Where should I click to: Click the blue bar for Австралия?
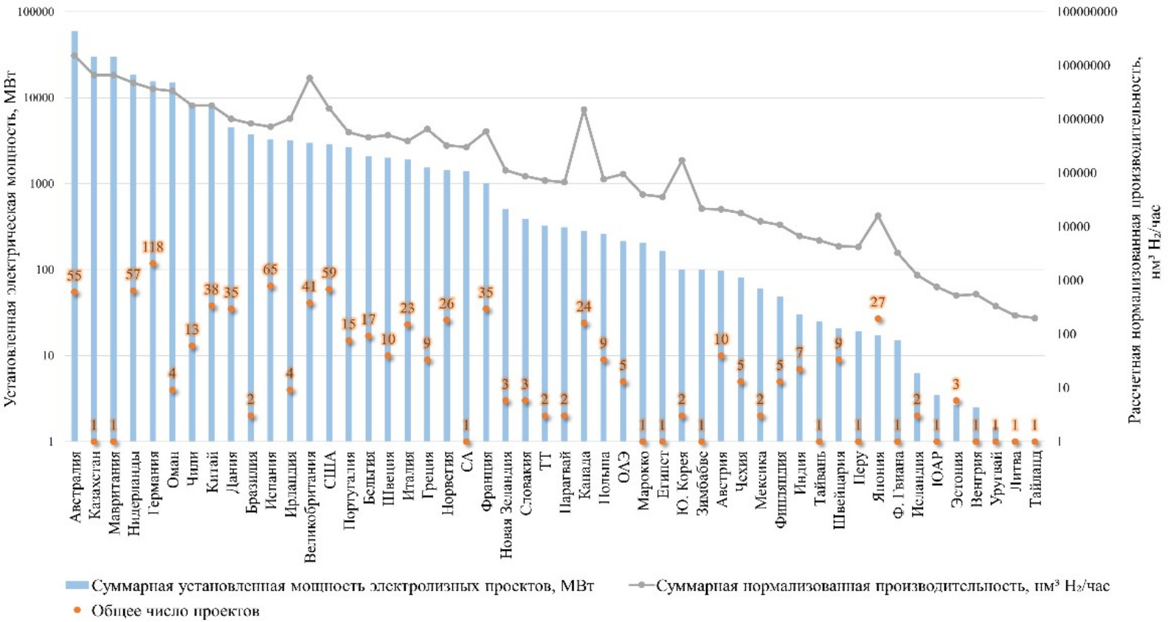[x=75, y=236]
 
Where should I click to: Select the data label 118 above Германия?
[x=153, y=248]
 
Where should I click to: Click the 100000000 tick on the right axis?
[x=1087, y=12]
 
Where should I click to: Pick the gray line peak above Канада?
[x=584, y=110]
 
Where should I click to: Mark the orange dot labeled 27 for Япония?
[x=878, y=319]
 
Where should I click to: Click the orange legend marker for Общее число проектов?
[x=77, y=610]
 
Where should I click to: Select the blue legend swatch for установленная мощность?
[x=77, y=586]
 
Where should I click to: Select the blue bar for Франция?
[x=486, y=312]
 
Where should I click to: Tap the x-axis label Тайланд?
[x=1035, y=478]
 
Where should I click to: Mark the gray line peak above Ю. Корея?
[x=682, y=160]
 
